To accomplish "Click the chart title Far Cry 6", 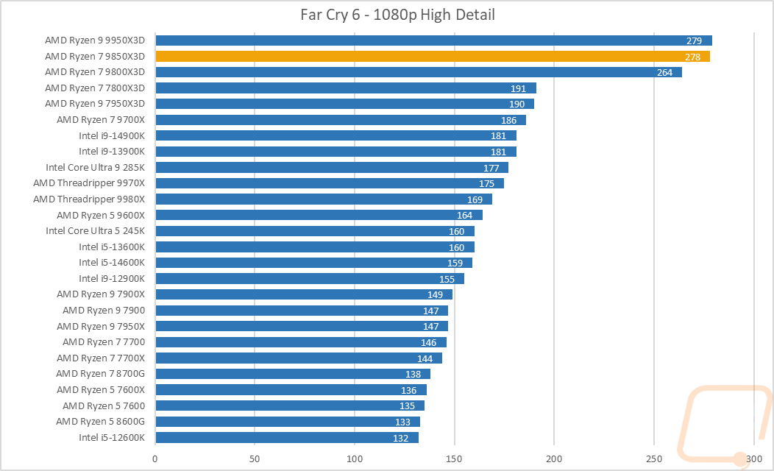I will (x=387, y=14).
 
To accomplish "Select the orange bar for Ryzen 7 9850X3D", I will (x=432, y=56).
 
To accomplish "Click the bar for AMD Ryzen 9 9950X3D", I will (x=433, y=40).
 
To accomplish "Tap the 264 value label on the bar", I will (x=665, y=72).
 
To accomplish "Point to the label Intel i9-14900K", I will (x=112, y=135).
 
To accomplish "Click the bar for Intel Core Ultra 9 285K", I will (x=331, y=167).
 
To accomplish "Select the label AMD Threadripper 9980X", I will (x=89, y=199).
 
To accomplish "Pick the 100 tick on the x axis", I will (x=355, y=458).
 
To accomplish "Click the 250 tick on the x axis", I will (x=654, y=458).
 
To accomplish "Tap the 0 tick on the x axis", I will (x=155, y=458).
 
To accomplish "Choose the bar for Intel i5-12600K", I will (x=286, y=437).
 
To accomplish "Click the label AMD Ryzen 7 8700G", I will (x=101, y=374).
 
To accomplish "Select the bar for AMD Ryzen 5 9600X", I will (x=319, y=215).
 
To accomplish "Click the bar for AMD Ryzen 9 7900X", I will (x=303, y=294).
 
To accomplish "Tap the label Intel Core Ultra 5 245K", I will (x=95, y=230).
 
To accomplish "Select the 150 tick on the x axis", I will (x=455, y=458).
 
